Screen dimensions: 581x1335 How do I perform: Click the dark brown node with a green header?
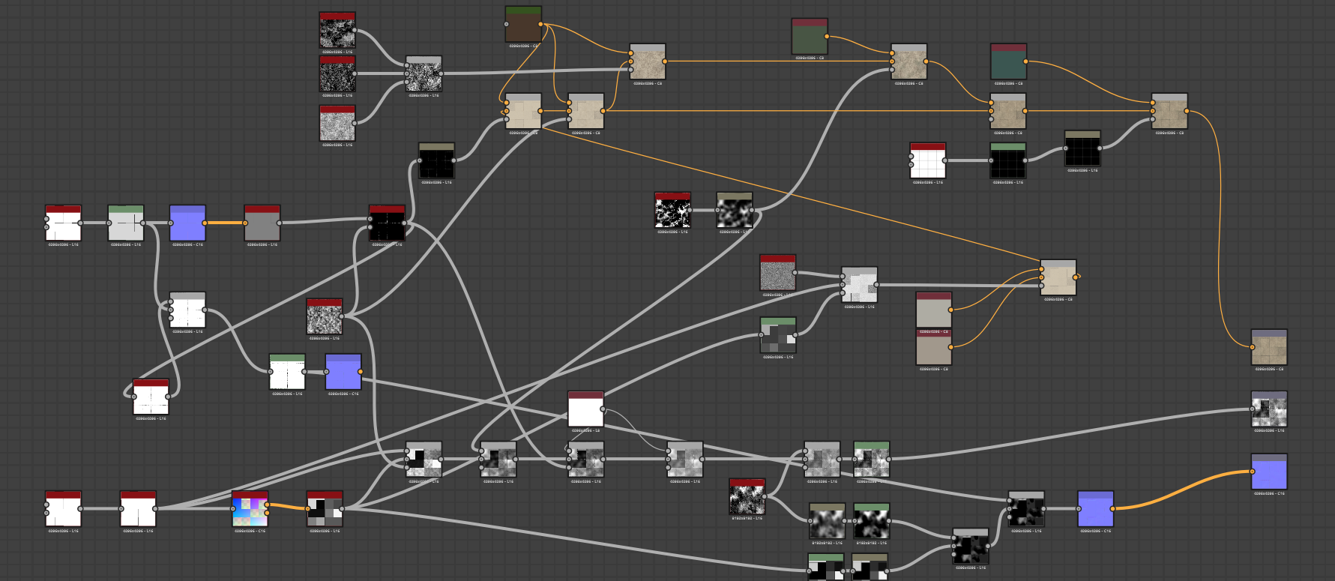[523, 26]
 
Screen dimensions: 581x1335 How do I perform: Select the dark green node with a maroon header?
[810, 38]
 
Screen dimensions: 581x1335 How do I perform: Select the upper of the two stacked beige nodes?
[934, 310]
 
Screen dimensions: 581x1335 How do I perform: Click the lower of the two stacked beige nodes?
[934, 348]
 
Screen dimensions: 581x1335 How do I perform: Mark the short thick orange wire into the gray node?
[224, 223]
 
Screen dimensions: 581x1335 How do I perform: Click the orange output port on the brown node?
[541, 25]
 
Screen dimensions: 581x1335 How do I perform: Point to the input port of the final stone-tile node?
[1253, 348]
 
